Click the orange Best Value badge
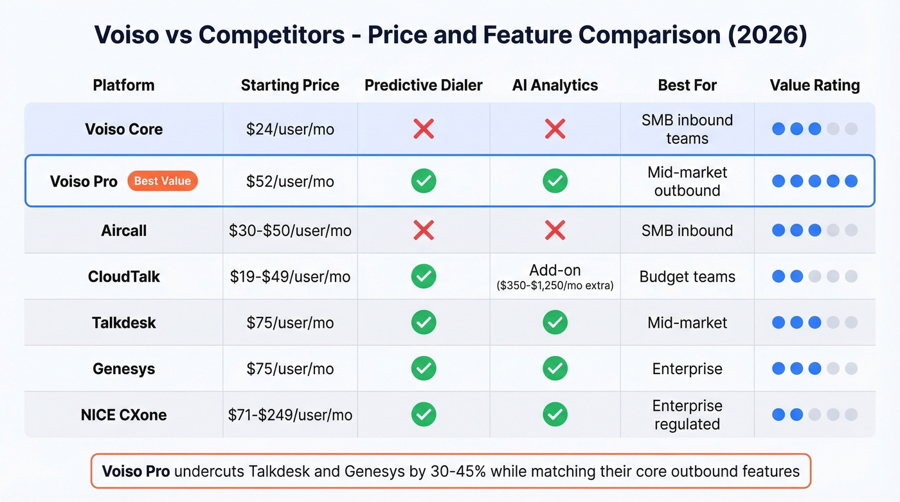pos(162,181)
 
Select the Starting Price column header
pos(290,85)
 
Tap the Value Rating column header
pos(815,85)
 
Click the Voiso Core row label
pos(124,129)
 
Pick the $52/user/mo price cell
pos(290,181)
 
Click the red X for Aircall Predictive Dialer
pos(424,230)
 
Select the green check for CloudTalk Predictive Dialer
pos(424,276)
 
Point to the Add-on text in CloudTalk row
pos(555,271)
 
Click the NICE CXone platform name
pos(124,415)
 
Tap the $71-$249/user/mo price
pos(290,415)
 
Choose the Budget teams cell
pos(687,276)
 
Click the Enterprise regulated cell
pos(687,415)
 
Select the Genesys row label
pos(124,369)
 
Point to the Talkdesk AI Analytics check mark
pos(555,322)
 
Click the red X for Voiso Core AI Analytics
pos(555,129)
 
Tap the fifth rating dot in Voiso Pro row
pos(851,181)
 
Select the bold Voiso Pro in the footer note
pos(136,471)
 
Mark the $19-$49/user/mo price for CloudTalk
pos(290,276)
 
